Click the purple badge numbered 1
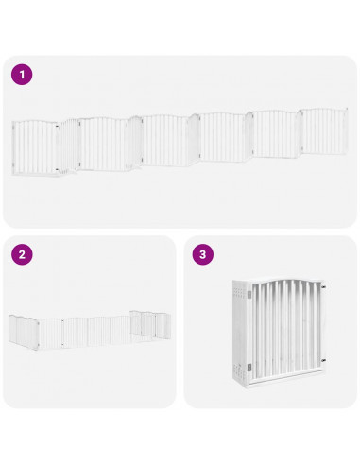click(x=21, y=74)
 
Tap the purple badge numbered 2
click(x=21, y=254)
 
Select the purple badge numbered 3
click(x=203, y=254)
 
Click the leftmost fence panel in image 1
click(x=35, y=146)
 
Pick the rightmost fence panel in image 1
click(x=324, y=132)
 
